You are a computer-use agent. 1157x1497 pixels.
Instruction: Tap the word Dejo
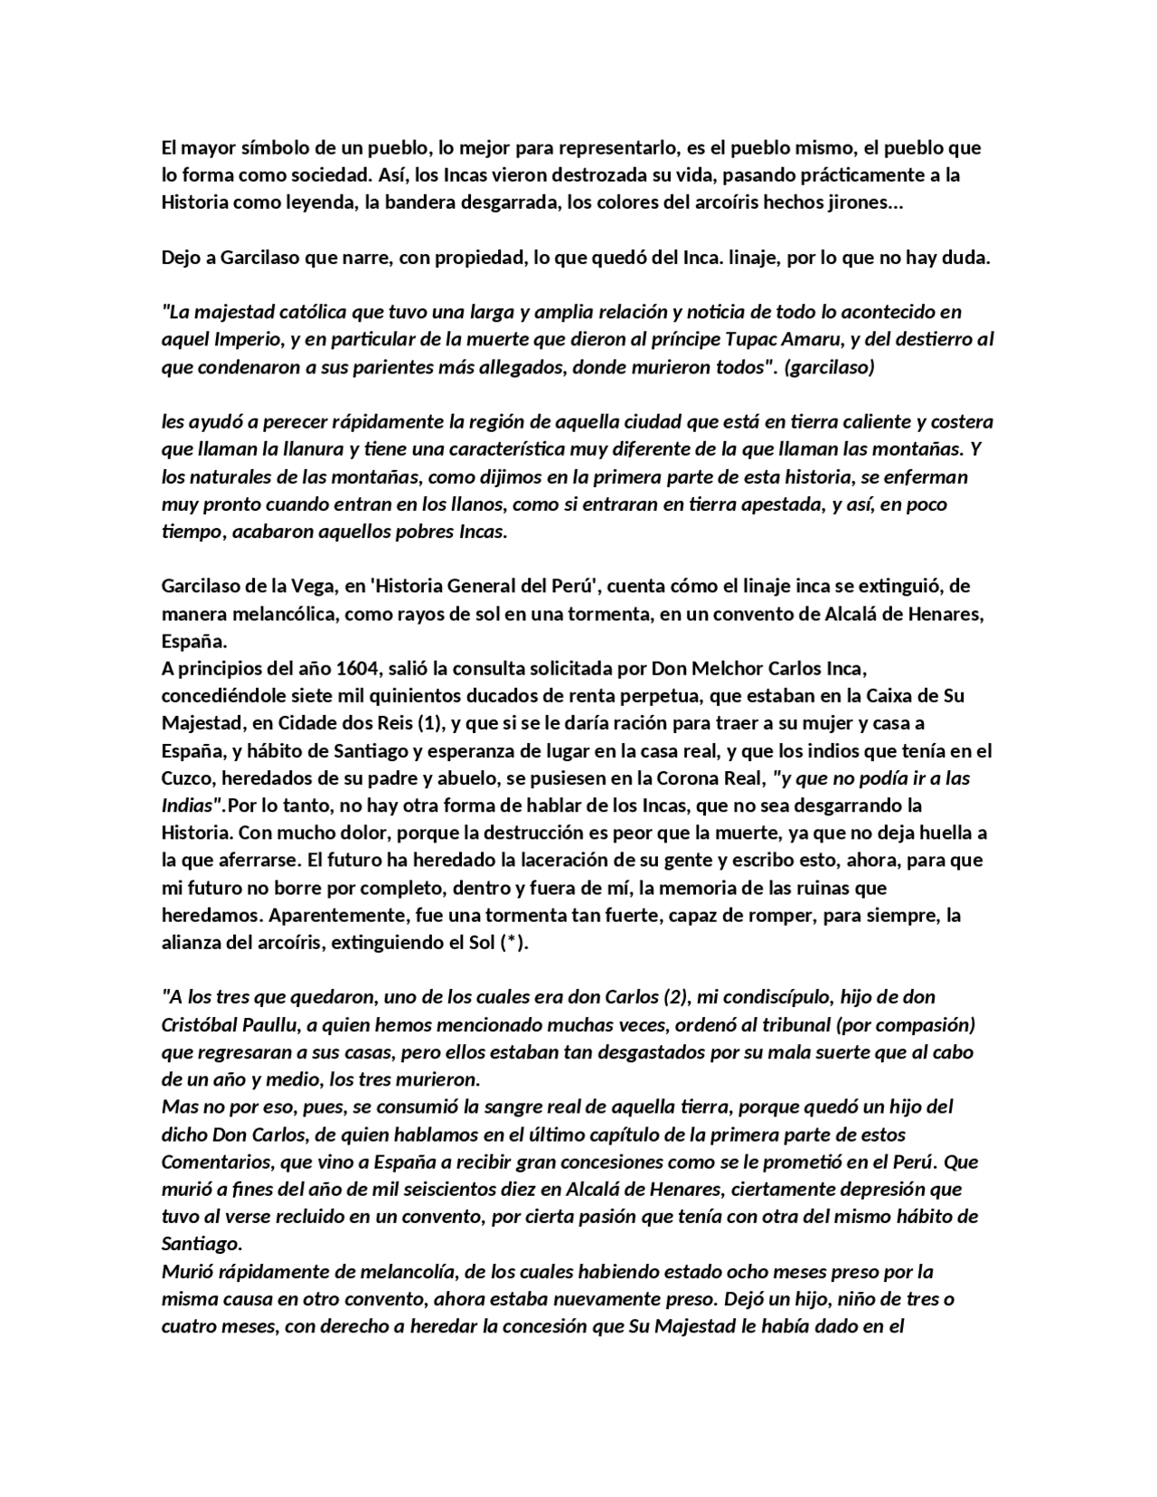(x=182, y=258)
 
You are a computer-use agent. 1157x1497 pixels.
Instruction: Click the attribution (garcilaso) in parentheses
(x=830, y=367)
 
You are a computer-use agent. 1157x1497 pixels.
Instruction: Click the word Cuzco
(x=186, y=778)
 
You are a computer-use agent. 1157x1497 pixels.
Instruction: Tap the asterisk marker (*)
(x=513, y=943)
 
